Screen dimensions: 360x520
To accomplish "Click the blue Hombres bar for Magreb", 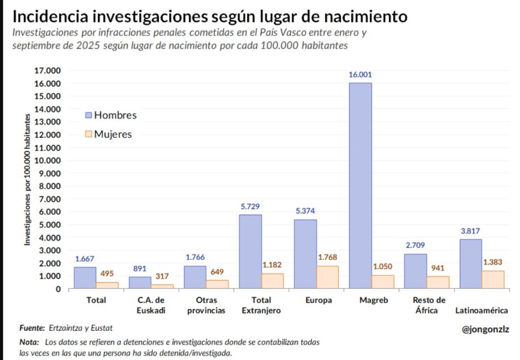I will click(360, 185).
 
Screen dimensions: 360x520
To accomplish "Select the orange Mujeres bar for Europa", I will click(328, 277).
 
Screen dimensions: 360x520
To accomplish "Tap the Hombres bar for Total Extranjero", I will click(250, 251).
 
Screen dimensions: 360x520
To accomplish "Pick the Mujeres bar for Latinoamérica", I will click(493, 279).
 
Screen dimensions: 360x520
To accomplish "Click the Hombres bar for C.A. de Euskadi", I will click(140, 282).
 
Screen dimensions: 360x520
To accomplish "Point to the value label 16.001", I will click(360, 75).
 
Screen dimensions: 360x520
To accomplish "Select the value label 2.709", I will click(415, 245).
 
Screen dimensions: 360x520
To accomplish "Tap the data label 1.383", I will click(493, 262).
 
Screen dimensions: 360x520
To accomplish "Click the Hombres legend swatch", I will click(88, 115).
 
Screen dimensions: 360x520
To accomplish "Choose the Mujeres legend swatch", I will click(88, 135).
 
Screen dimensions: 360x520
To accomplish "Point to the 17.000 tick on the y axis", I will click(47, 71).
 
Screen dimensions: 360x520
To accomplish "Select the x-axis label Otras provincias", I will click(206, 305).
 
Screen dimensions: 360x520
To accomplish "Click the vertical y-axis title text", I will click(27, 180).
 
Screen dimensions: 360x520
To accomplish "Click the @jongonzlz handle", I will click(485, 329).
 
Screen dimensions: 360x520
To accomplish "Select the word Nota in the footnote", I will click(29, 342).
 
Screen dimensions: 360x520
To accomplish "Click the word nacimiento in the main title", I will click(369, 17).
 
